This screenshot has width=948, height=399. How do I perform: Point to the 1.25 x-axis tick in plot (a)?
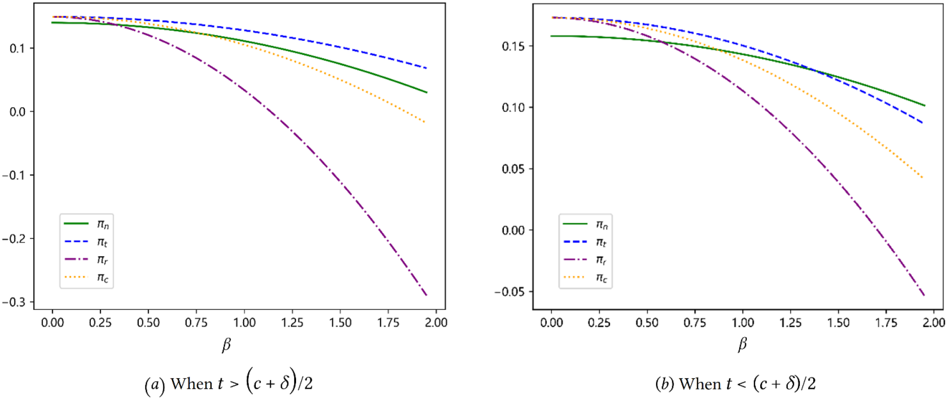[x=292, y=322]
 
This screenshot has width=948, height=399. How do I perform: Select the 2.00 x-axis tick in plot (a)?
[x=436, y=322]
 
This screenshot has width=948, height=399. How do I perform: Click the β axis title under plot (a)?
[x=226, y=345]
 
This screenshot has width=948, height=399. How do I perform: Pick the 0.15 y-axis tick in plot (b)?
[x=513, y=46]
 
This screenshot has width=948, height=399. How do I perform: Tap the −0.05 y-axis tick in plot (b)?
[x=508, y=292]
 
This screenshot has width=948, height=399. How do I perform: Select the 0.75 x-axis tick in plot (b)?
[x=694, y=322]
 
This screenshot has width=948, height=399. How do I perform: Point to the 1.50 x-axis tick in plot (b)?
[x=838, y=322]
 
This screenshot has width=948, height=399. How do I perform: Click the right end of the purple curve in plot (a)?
[x=426, y=295]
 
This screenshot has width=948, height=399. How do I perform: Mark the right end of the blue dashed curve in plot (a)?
[x=426, y=68]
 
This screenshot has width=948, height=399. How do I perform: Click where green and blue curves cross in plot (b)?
[x=815, y=71]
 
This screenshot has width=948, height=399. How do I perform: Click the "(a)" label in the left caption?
[x=155, y=384]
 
